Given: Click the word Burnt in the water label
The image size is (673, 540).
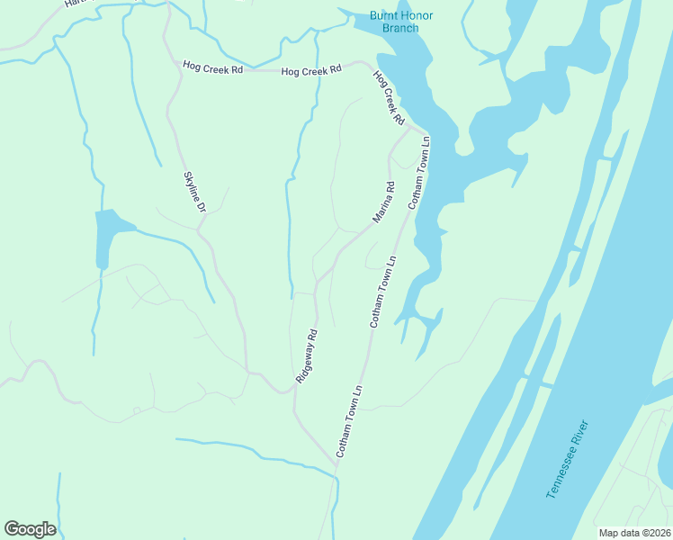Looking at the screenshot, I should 385,16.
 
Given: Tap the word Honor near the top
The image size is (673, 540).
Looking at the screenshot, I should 418,16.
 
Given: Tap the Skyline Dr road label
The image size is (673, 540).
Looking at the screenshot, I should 195,192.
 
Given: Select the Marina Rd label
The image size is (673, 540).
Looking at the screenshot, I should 384,203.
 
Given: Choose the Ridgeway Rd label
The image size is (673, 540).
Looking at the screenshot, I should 307,357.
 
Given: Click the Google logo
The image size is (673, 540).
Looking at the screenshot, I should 30,529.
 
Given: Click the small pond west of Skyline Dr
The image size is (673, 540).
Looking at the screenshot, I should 106,236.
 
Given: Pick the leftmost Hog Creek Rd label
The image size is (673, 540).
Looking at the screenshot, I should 212,66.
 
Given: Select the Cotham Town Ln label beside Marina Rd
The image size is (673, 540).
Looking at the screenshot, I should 420,174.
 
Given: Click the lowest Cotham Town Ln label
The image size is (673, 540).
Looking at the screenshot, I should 348,421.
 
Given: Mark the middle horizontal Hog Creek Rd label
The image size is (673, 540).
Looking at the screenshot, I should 310,70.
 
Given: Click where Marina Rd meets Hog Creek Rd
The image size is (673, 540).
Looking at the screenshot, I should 411,129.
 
